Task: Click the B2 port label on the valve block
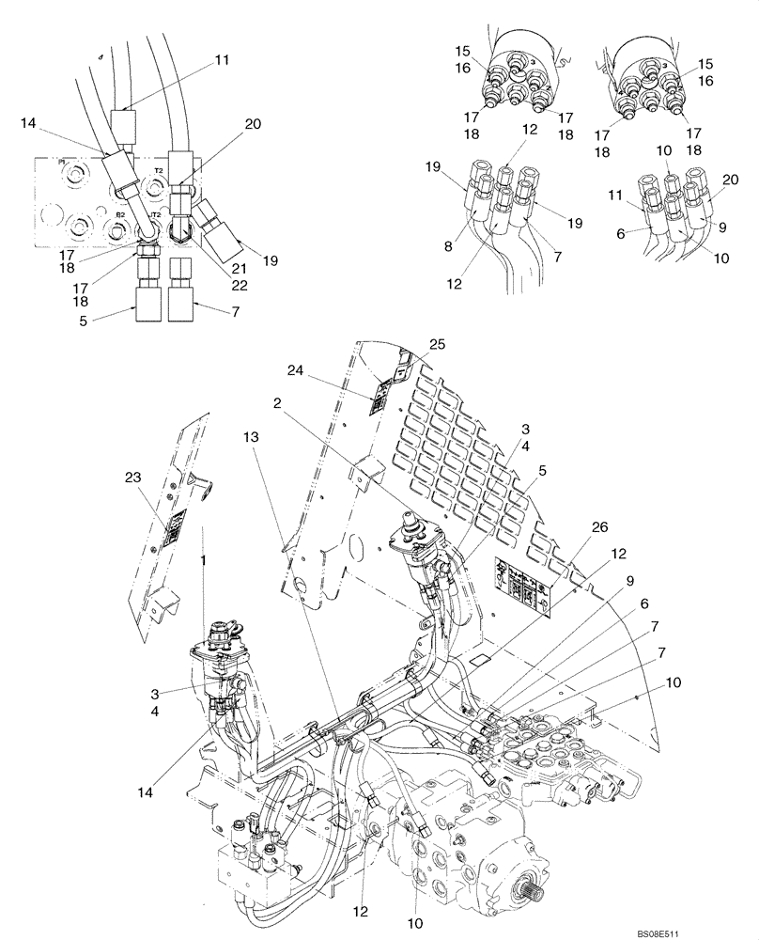click(x=120, y=214)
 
